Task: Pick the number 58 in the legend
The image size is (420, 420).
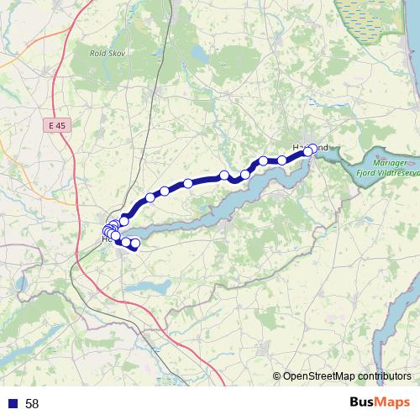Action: tap(32, 404)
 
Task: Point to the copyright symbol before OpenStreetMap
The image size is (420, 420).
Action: tap(277, 377)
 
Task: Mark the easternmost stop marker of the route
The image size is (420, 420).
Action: tap(314, 148)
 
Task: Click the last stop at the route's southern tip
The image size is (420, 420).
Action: tap(135, 244)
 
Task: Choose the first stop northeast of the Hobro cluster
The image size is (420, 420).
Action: tap(124, 219)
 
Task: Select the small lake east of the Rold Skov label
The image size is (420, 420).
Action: tap(198, 53)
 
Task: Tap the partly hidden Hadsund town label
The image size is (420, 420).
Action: tap(299, 147)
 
